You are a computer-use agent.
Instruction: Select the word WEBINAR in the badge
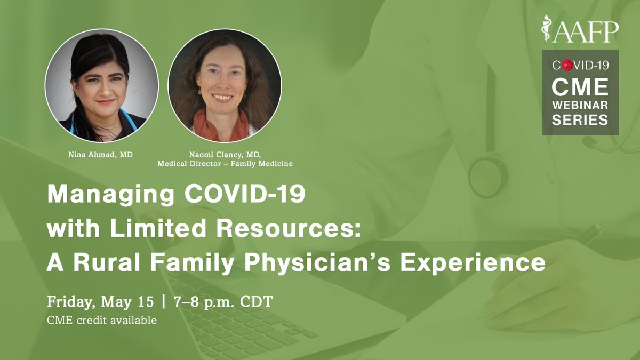pos(580,105)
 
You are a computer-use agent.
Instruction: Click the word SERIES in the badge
pos(580,120)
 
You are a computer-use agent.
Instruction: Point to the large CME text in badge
pos(580,86)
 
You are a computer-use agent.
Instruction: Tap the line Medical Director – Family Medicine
pos(225,164)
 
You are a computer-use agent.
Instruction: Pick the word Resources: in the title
pos(303,229)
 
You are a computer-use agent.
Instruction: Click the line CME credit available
pos(102,322)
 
